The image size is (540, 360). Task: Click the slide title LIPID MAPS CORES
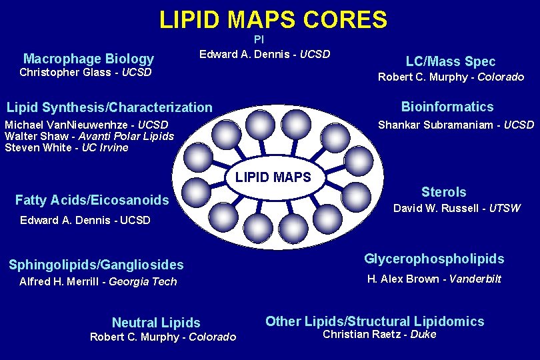[x=273, y=19]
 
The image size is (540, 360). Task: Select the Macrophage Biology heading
[x=89, y=59]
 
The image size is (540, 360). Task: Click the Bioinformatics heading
[x=447, y=107]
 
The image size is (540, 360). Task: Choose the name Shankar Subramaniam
[x=437, y=125]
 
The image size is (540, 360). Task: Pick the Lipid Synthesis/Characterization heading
[x=109, y=107]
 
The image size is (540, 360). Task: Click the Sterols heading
[x=444, y=192]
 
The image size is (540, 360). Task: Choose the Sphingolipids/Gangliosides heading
[x=96, y=265]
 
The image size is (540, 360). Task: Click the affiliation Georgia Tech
[x=143, y=281]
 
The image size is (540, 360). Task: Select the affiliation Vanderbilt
[x=475, y=279]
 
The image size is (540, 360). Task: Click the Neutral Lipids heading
[x=156, y=323]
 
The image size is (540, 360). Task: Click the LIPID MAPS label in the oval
[x=273, y=177]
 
